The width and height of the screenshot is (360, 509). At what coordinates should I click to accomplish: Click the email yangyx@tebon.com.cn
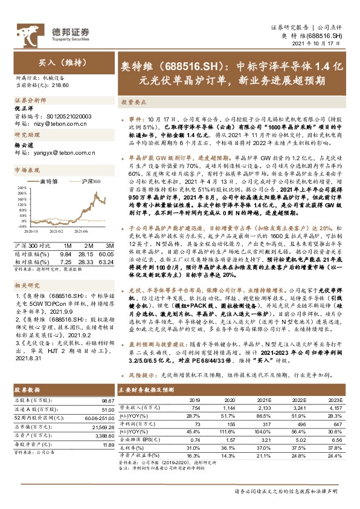coord(60,154)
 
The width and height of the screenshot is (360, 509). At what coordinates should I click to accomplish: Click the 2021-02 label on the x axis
coord(54,230)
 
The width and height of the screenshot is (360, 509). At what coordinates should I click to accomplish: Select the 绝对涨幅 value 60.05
coord(107,254)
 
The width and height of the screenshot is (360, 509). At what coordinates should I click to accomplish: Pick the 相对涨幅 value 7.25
coord(66,262)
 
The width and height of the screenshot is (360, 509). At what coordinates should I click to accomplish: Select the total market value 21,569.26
coord(101,427)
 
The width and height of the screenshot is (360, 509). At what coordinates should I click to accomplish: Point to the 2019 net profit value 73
coord(195,425)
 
